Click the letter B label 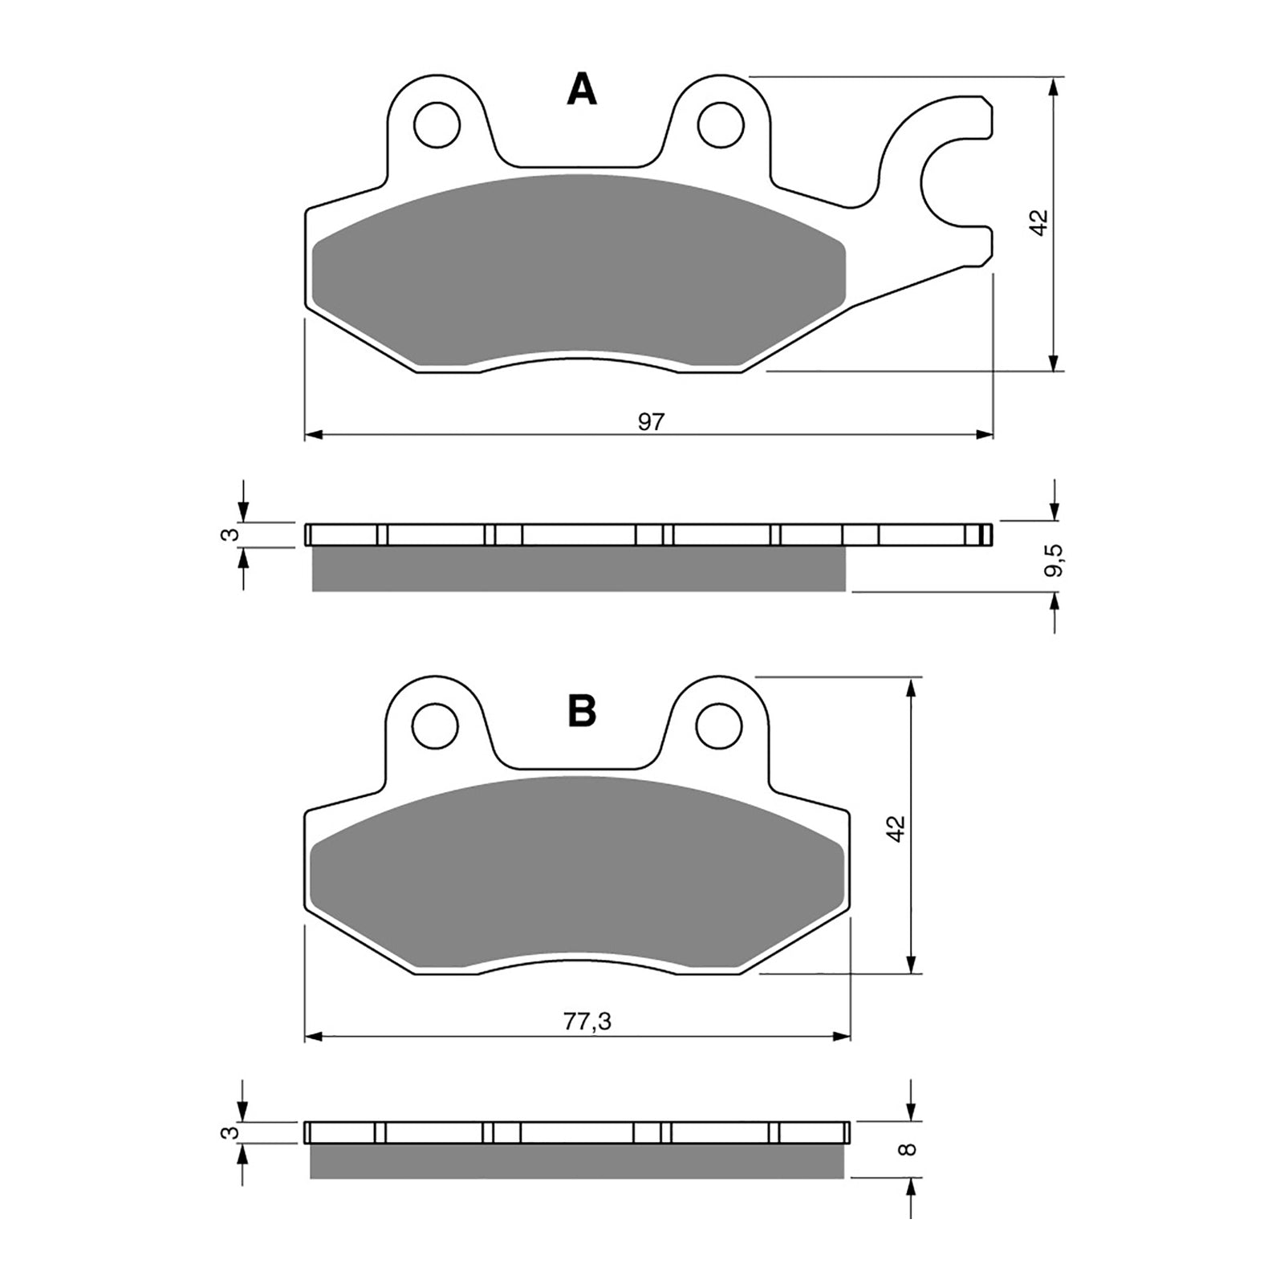[x=582, y=710]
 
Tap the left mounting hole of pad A [x=437, y=124]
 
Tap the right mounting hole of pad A [x=720, y=124]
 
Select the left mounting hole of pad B [x=435, y=727]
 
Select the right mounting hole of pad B [x=718, y=727]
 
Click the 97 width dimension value [x=652, y=422]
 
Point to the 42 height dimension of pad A [x=1039, y=222]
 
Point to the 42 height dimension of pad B [x=896, y=827]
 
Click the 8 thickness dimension [x=908, y=1148]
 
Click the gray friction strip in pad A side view [x=578, y=570]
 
